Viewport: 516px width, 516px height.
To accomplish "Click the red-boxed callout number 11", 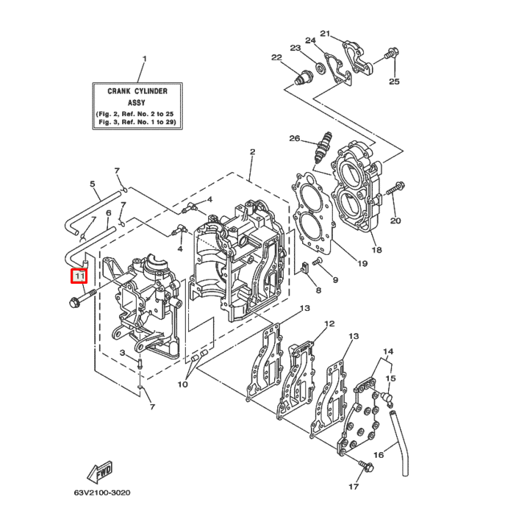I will pos(79,276).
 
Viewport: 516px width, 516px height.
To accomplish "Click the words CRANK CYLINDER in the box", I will pos(137,91).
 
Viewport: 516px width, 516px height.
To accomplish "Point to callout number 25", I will pos(394,81).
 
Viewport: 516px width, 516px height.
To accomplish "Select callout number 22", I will pos(276,57).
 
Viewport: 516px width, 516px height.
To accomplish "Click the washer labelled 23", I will pos(321,68).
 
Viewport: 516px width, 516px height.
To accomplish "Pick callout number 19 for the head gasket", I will pos(362,262).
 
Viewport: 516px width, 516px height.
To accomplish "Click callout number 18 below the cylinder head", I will pos(376,250).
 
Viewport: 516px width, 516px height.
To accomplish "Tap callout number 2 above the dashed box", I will pos(252,152).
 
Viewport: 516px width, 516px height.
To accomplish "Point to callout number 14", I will pos(388,351).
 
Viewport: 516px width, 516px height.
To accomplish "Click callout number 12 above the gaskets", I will pos(329,323).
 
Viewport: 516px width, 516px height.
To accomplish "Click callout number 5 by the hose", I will pos(93,184).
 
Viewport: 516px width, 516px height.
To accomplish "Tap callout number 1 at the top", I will pos(144,59).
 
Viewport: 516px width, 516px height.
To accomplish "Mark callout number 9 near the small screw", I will pos(335,280).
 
